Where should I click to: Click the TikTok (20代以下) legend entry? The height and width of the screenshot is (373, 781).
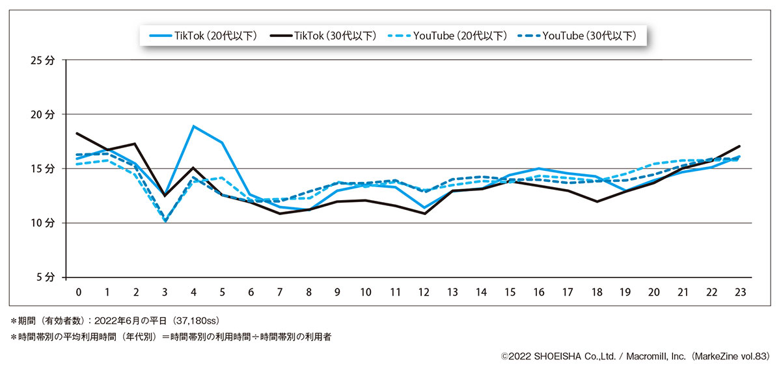tap(202, 36)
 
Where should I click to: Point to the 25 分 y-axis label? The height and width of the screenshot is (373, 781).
tap(44, 60)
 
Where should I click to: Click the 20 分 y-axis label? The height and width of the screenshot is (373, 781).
tap(44, 114)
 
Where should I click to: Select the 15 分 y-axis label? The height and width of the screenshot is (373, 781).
tap(44, 168)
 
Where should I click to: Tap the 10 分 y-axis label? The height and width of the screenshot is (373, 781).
tap(44, 223)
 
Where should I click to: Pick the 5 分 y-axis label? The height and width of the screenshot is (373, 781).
tap(46, 277)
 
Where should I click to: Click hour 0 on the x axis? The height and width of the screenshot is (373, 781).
tap(78, 292)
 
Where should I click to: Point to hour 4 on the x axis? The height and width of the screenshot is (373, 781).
tap(193, 292)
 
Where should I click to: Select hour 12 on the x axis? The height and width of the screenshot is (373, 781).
tap(424, 292)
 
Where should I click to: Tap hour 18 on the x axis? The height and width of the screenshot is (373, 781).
tap(596, 292)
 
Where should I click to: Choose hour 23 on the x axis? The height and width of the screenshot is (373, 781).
tap(740, 292)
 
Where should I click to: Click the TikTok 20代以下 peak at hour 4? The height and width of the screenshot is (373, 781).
tap(193, 126)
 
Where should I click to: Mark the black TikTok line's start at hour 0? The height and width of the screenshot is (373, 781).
tap(77, 133)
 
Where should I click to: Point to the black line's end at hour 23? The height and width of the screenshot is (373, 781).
tap(740, 146)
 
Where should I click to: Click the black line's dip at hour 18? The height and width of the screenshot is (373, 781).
tap(596, 201)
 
